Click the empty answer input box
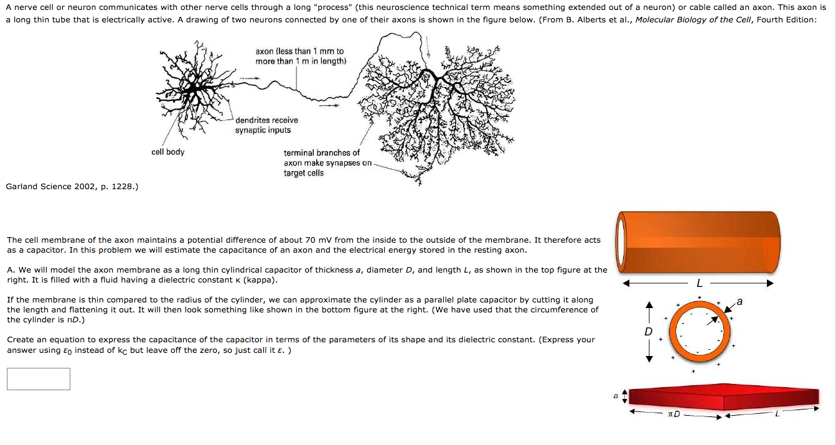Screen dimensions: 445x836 (x=39, y=379)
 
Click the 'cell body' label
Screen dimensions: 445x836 (x=167, y=152)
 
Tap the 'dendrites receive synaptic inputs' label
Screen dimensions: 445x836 (x=266, y=125)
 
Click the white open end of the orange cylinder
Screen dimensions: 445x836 (x=620, y=242)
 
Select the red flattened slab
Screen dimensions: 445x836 (x=722, y=396)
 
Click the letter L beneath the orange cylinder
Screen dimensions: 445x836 (x=699, y=283)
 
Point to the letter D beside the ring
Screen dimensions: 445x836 (x=649, y=332)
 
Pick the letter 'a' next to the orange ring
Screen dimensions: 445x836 (x=739, y=302)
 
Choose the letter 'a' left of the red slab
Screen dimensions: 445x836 (x=616, y=396)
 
